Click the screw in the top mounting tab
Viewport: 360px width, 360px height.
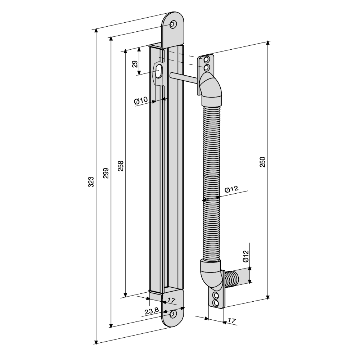click(174, 24)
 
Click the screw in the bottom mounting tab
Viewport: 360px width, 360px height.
click(174, 314)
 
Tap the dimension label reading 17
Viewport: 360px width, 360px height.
click(172, 300)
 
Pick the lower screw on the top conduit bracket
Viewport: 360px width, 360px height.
click(206, 68)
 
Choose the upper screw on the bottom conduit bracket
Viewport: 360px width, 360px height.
click(216, 296)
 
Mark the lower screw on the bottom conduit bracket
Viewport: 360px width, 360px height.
click(216, 303)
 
